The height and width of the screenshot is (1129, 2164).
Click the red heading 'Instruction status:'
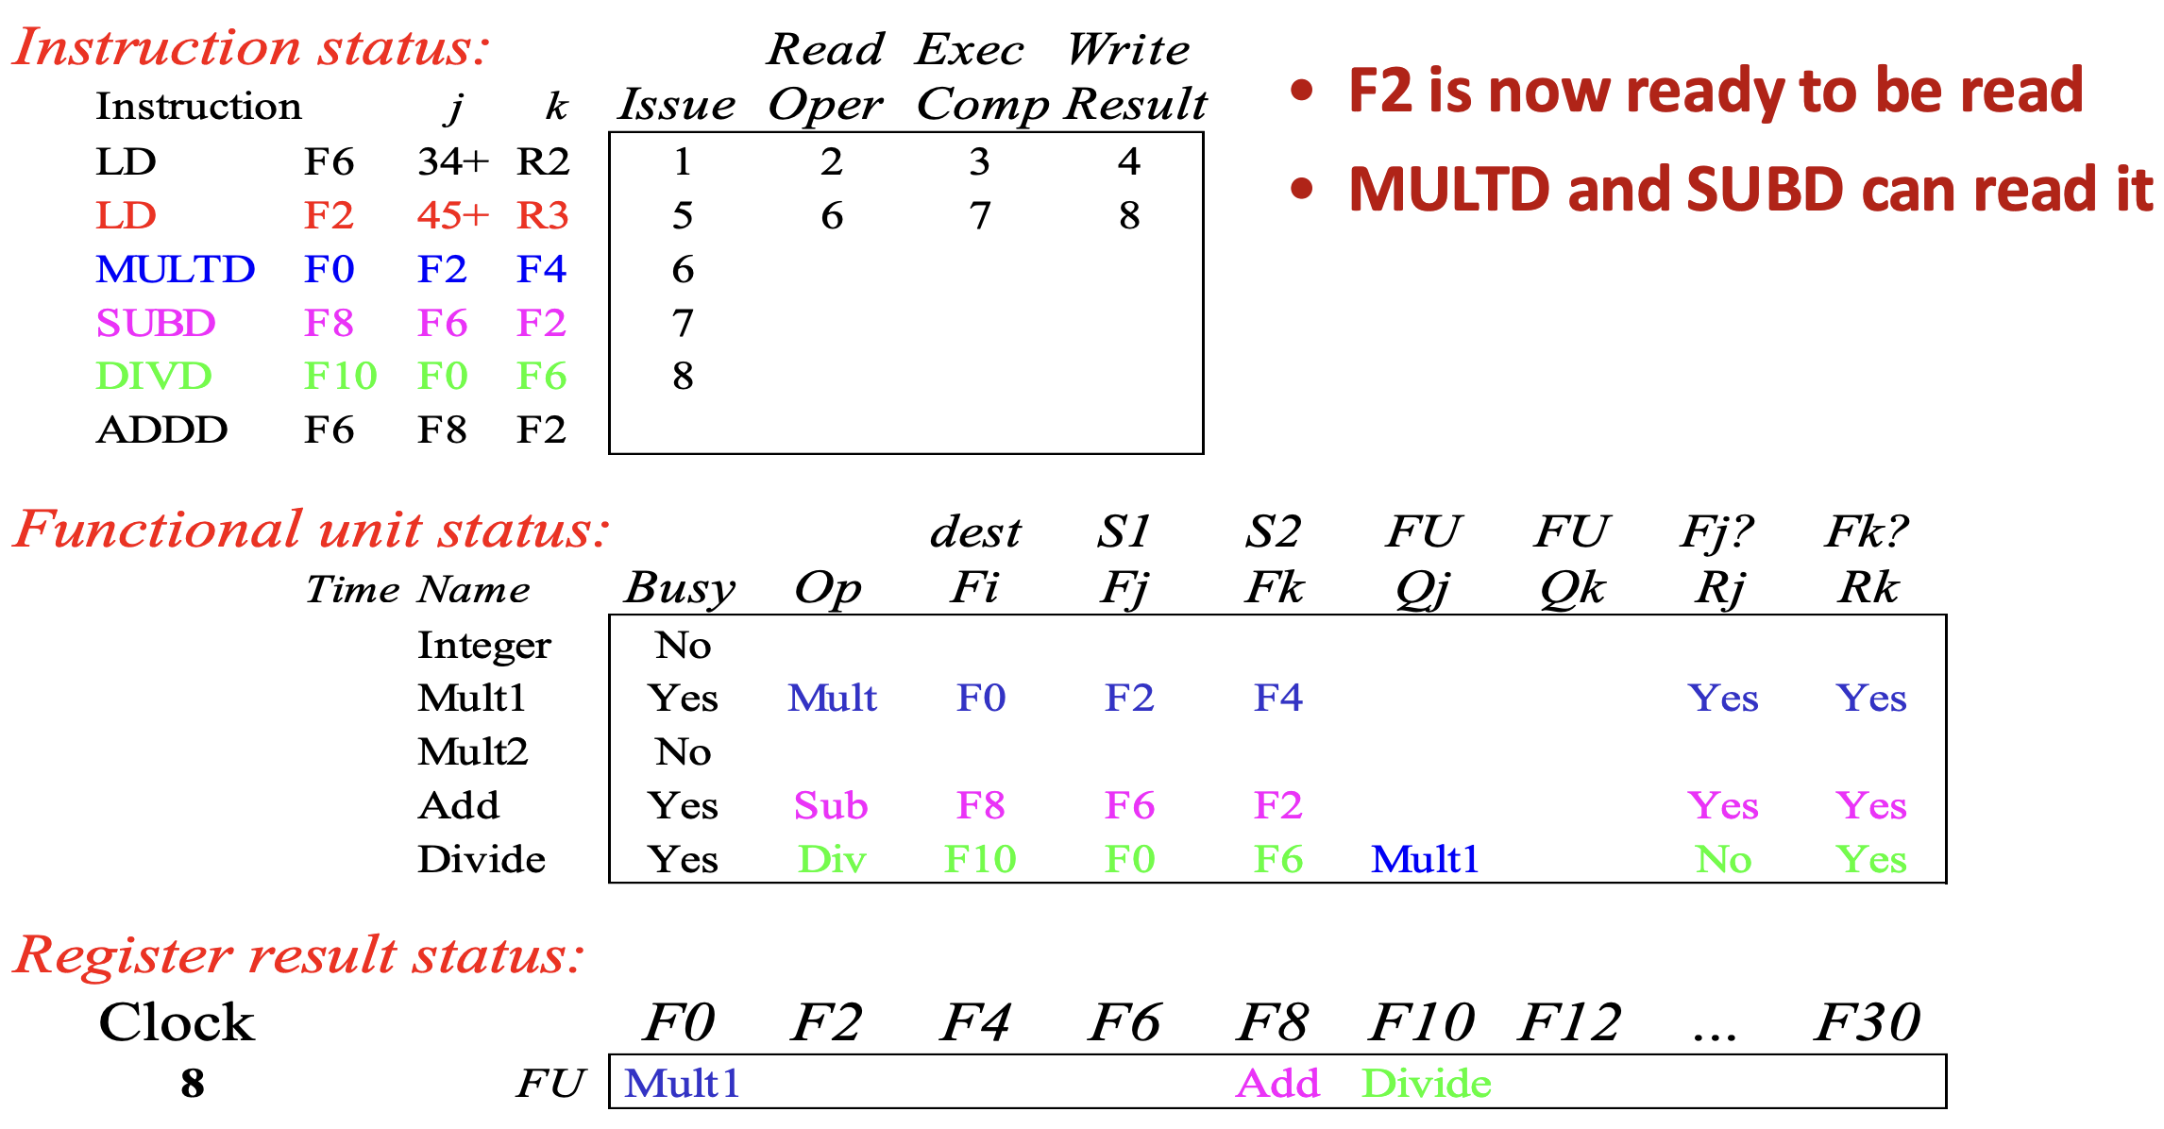pyautogui.click(x=251, y=47)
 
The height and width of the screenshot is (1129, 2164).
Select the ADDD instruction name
pyautogui.click(x=162, y=430)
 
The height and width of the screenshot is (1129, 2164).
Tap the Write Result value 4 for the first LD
pyautogui.click(x=1129, y=162)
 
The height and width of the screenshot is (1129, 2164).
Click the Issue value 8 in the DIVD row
pyautogui.click(x=683, y=377)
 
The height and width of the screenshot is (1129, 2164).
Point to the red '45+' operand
pyautogui.click(x=453, y=216)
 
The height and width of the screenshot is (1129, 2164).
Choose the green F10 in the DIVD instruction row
pyautogui.click(x=341, y=377)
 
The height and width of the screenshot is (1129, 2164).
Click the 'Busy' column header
pyautogui.click(x=680, y=589)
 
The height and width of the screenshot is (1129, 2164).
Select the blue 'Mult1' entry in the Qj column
pyautogui.click(x=1425, y=859)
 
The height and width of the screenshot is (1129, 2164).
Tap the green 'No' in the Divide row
pyautogui.click(x=1723, y=859)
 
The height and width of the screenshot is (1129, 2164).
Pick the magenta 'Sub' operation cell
pyautogui.click(x=831, y=806)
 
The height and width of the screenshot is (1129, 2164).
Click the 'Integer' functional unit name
pyautogui.click(x=484, y=647)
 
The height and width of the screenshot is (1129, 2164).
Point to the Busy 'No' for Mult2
pyautogui.click(x=683, y=752)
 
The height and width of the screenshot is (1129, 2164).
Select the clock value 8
pyautogui.click(x=193, y=1084)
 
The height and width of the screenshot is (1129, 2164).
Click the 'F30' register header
pyautogui.click(x=1868, y=1022)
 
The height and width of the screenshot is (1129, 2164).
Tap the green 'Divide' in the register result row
pyautogui.click(x=1427, y=1084)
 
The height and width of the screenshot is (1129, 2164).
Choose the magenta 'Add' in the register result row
pyautogui.click(x=1277, y=1084)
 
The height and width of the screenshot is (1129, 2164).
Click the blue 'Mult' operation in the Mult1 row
pyautogui.click(x=832, y=699)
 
